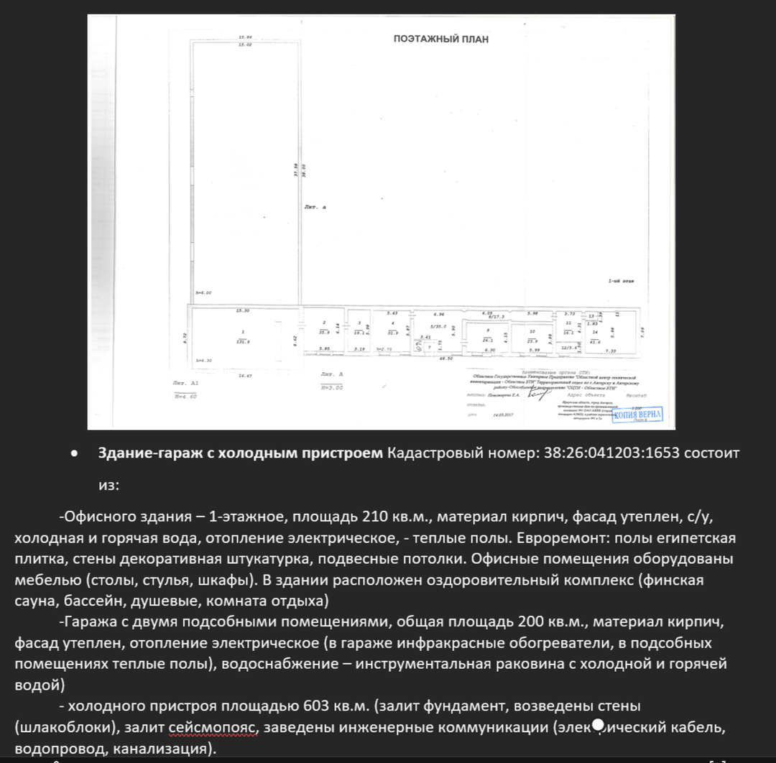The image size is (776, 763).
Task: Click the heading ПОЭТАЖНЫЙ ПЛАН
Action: pos(440,40)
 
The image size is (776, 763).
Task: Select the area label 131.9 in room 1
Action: pos(244,341)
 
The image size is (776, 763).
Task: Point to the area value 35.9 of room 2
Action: pos(324,332)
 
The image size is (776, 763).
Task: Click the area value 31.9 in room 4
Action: pos(392,333)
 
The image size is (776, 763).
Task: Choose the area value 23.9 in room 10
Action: pos(532,341)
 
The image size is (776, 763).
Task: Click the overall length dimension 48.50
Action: pos(445,358)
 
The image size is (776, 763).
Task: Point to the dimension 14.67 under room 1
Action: pos(246,376)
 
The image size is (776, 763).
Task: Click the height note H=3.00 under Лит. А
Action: pos(332,387)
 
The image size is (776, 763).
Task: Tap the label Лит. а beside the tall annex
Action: pos(315,207)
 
